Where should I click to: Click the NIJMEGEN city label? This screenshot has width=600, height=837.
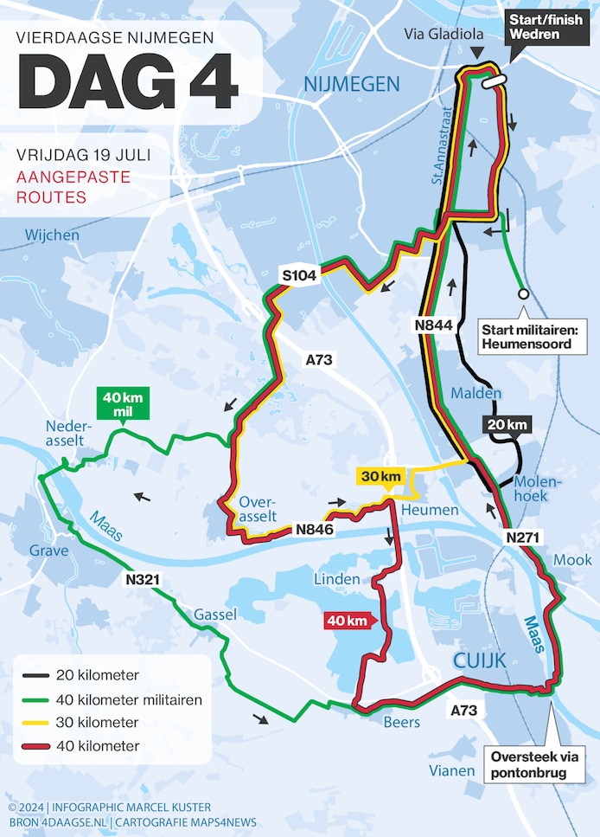pos(351,84)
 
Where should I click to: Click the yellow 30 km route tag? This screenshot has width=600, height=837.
pos(380,477)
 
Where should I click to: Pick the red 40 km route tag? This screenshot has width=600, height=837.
pos(347,620)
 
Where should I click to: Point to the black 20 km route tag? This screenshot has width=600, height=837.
pos(506,425)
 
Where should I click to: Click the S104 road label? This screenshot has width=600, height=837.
pos(300,276)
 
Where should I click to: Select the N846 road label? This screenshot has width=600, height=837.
pos(315,529)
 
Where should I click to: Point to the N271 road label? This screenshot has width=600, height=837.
pos(523,538)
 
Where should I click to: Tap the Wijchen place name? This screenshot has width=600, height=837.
pos(52,235)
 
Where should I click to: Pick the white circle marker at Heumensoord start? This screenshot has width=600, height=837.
pos(523,294)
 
